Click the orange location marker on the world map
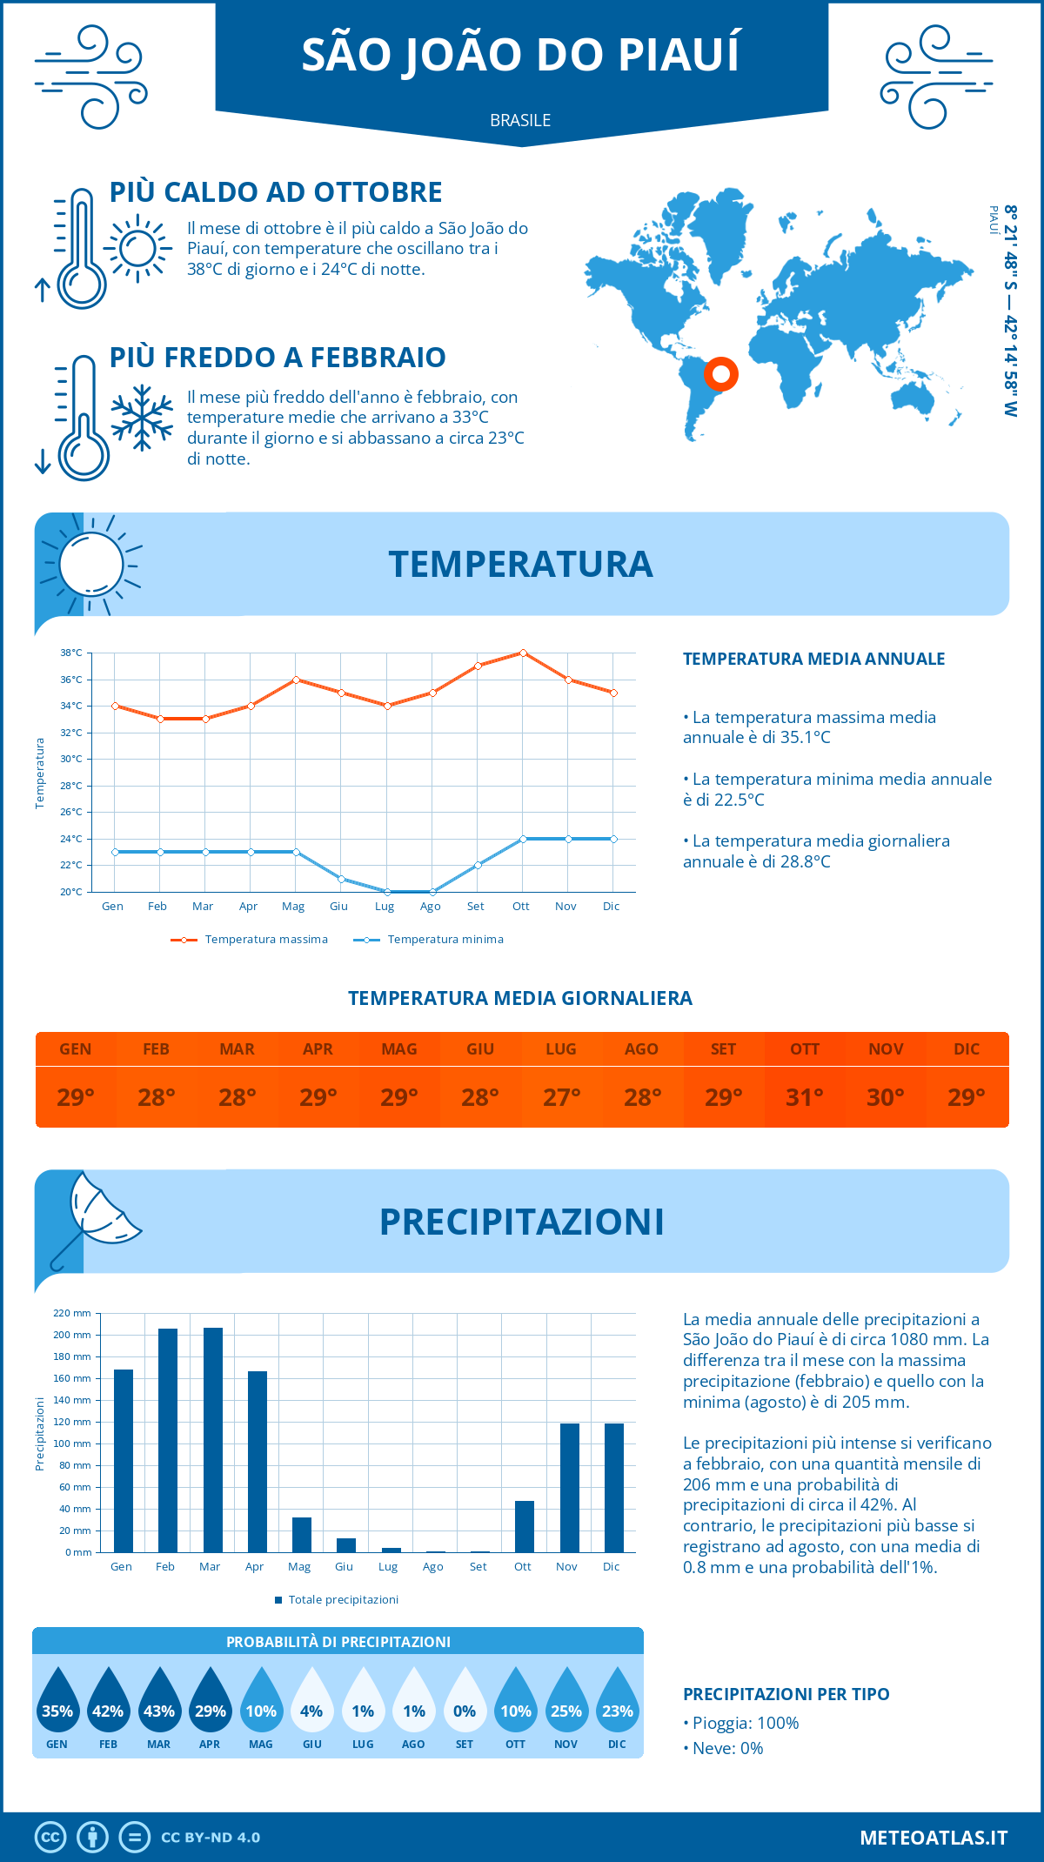point(720,374)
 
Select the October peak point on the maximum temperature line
point(523,653)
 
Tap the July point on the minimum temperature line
point(387,892)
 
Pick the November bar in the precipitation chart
point(569,1488)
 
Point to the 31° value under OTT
point(804,1097)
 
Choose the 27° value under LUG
point(561,1097)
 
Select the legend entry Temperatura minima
point(445,940)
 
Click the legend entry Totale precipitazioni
point(343,1600)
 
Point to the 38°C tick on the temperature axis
point(71,653)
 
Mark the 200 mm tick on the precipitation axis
point(72,1335)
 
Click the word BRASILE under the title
point(520,120)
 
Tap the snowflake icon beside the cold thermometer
point(142,418)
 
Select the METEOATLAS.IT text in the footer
point(934,1838)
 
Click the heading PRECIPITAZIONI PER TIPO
point(786,1694)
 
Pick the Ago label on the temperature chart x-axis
point(430,907)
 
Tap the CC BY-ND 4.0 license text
point(211,1838)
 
